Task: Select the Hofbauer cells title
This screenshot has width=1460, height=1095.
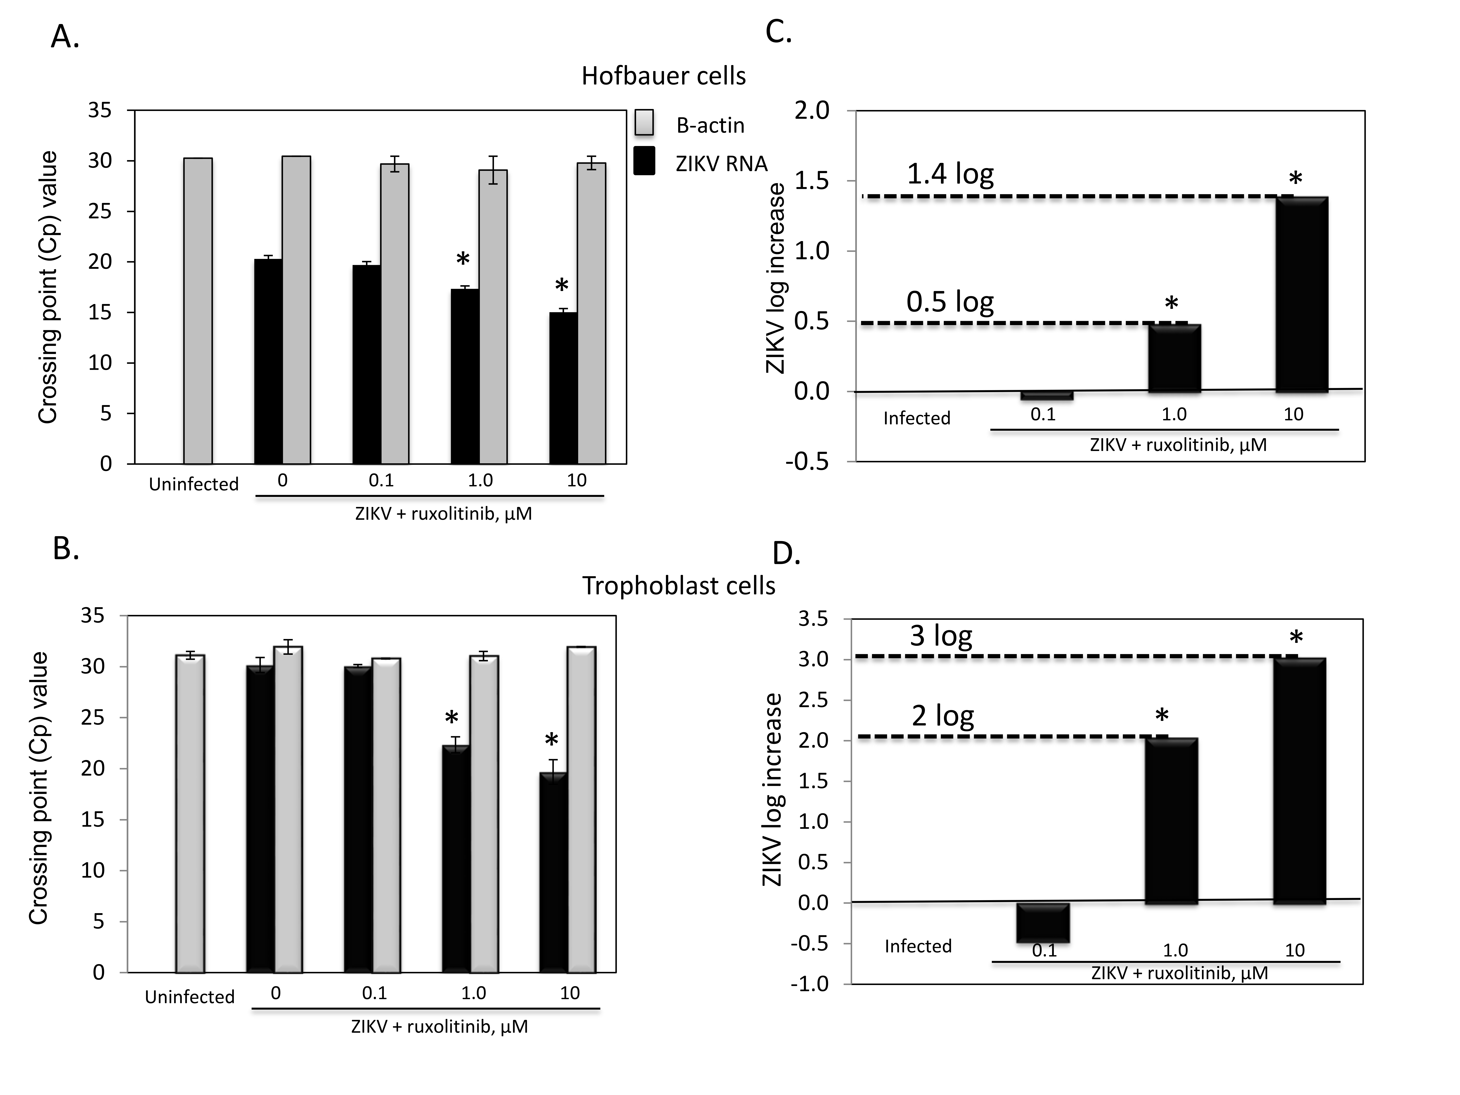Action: [x=663, y=76]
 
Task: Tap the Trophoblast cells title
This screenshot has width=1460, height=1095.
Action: [x=679, y=585]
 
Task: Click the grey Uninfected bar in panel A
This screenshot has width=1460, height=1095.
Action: [x=198, y=310]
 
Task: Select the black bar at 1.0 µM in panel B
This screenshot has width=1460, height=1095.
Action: [x=456, y=858]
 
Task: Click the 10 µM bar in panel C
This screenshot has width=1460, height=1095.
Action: [x=1302, y=294]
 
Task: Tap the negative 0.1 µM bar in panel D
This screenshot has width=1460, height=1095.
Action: [x=1043, y=922]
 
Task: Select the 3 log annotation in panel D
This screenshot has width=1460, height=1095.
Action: [x=941, y=636]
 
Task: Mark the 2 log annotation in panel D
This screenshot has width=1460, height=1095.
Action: [x=943, y=715]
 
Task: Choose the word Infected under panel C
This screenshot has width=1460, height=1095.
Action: [x=917, y=418]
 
